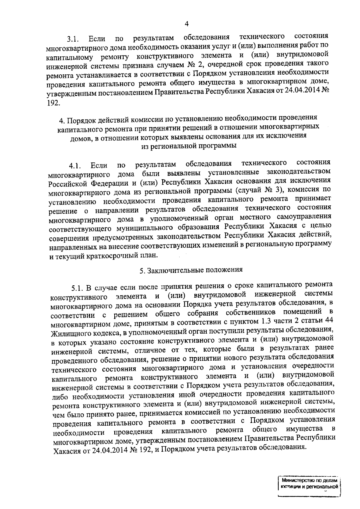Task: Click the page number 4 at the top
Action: tap(187, 24)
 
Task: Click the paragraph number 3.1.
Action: tap(73, 39)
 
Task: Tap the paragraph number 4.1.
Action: tap(75, 165)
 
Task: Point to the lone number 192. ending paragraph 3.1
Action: tap(53, 103)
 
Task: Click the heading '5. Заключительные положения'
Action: tap(191, 270)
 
